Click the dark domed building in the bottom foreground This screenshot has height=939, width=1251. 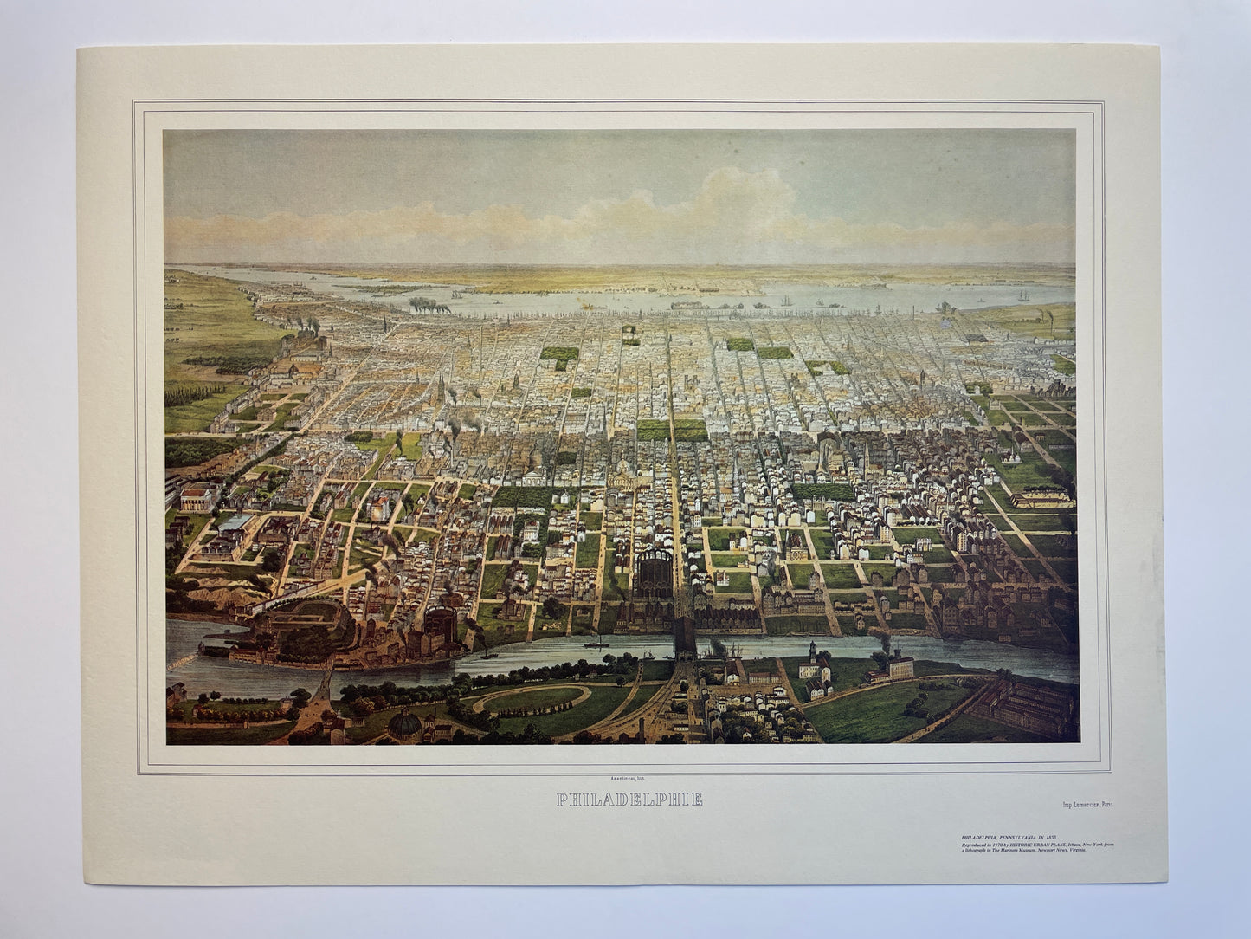click(x=406, y=721)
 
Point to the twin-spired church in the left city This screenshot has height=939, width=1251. click(x=444, y=389)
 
